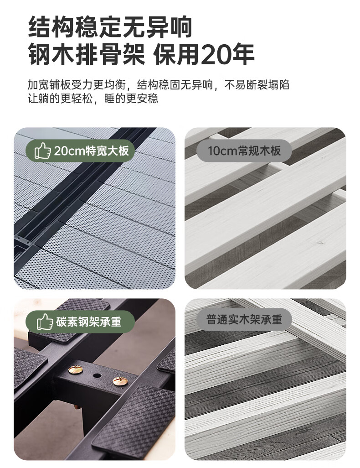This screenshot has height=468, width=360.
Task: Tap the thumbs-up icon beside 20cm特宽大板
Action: [x=43, y=151]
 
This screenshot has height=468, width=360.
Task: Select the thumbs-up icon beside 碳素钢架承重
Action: [x=45, y=322]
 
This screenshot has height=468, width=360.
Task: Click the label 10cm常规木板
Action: [x=244, y=151]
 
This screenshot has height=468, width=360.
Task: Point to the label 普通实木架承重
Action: [x=244, y=319]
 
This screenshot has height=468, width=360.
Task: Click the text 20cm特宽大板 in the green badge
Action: [x=91, y=151]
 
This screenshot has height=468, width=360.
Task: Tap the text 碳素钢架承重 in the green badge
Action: [x=89, y=322]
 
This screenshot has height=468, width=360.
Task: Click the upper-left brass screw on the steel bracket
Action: [x=75, y=370]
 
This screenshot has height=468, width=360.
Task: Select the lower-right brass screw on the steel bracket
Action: [x=120, y=381]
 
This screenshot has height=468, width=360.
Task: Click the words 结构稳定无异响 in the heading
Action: [x=110, y=27]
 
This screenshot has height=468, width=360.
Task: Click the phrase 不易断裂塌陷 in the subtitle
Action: [x=257, y=85]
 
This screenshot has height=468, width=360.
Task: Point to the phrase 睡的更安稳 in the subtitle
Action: [x=131, y=99]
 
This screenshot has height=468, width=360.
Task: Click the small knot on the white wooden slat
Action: [x=320, y=242]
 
